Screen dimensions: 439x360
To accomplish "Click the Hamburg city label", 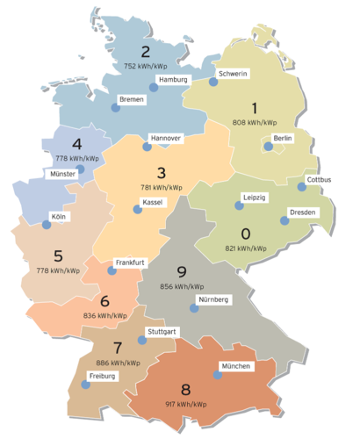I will point(173,79).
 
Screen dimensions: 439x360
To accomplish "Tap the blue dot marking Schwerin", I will point(212,82).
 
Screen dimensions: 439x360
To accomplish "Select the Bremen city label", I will point(136,99).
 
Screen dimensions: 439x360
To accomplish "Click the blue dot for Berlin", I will point(269,147).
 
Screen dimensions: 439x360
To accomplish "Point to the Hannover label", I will point(165,138).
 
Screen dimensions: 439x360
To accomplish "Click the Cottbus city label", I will point(320,181).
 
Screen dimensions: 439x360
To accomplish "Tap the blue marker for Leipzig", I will point(238,206).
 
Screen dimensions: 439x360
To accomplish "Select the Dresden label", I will point(303,212).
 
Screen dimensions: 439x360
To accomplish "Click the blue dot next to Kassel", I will point(136,210).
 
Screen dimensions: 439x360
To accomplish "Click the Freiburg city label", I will point(102,375).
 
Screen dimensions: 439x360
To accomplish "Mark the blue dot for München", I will point(217,375).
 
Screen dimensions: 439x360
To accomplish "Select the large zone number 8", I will point(184,388).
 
